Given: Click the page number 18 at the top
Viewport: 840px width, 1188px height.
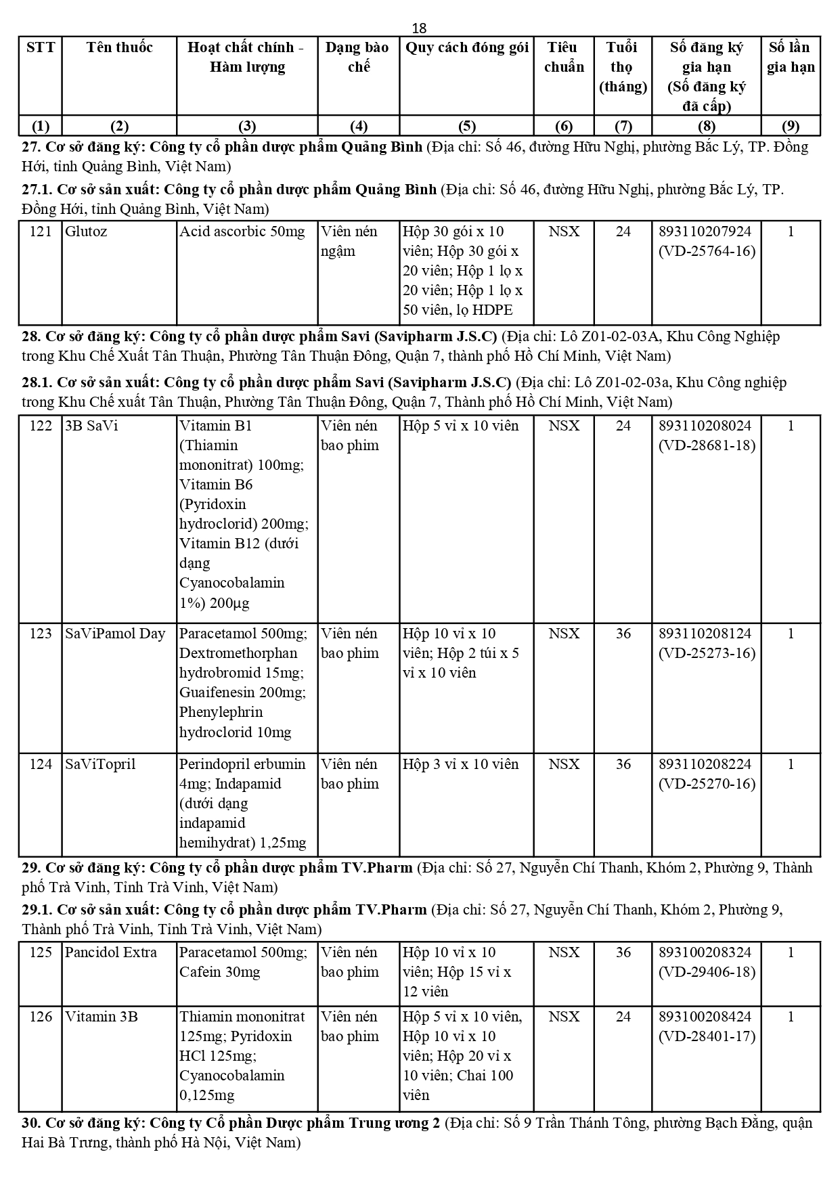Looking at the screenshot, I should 419,28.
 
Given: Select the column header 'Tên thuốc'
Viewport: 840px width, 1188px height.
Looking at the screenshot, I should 119,47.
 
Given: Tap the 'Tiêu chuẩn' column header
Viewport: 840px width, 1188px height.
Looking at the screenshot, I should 563,57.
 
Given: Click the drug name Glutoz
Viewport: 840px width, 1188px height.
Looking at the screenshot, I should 86,232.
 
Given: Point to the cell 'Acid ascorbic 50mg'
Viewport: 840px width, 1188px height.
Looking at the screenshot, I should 242,232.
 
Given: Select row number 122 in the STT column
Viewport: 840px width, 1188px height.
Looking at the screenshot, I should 41,426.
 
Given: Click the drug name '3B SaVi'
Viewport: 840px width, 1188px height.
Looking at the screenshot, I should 91,426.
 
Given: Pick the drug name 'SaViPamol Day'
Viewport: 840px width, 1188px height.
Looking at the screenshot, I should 115,634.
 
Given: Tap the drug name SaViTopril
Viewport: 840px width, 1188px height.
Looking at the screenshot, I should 100,764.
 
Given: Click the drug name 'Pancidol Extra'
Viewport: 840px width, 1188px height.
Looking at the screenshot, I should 111,952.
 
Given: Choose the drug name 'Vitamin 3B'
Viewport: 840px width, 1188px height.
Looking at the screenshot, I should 102,1017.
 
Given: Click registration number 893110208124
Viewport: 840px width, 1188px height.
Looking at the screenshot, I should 705,634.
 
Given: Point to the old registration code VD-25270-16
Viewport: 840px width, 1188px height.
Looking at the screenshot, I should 707,784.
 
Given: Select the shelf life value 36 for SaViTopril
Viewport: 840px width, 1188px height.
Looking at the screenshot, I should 623,764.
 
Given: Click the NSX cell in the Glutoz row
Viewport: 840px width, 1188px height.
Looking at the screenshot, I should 564,232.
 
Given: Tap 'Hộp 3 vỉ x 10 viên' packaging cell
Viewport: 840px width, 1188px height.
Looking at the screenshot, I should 460,764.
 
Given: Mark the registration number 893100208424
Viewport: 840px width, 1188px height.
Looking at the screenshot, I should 705,1017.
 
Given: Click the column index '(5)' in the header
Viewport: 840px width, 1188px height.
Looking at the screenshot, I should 466,126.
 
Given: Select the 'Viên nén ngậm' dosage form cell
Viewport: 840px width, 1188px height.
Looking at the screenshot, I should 349,241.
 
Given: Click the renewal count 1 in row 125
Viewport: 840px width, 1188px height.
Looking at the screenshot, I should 791,952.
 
